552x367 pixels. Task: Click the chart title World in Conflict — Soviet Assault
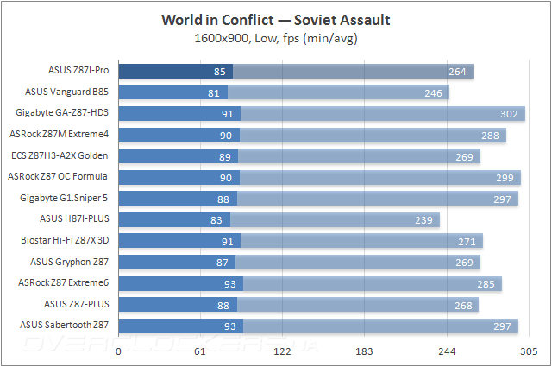point(276,20)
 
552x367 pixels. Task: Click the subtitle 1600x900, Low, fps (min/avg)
point(276,37)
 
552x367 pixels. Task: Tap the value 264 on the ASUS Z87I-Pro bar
point(457,72)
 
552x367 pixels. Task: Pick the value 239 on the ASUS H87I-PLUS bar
point(424,219)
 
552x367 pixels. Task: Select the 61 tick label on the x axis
point(200,353)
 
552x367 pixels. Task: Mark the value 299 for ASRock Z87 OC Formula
point(505,177)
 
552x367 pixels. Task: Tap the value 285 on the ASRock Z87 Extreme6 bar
point(486,282)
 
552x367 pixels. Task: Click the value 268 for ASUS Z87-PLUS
point(463,304)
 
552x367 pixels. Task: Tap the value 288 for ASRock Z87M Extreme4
point(490,135)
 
